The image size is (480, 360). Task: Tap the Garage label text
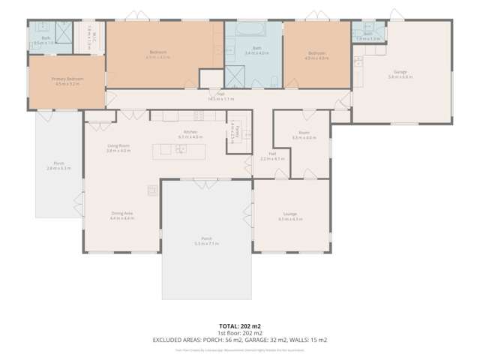[400, 73]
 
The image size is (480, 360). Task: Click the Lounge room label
[290, 214]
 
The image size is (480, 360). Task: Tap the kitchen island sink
[181, 149]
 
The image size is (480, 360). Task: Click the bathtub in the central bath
[249, 31]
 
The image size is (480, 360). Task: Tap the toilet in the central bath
[275, 80]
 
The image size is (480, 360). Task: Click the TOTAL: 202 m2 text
[240, 327]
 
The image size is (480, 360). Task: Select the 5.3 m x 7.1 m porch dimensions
[205, 244]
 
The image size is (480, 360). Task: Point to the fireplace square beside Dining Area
[151, 190]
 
